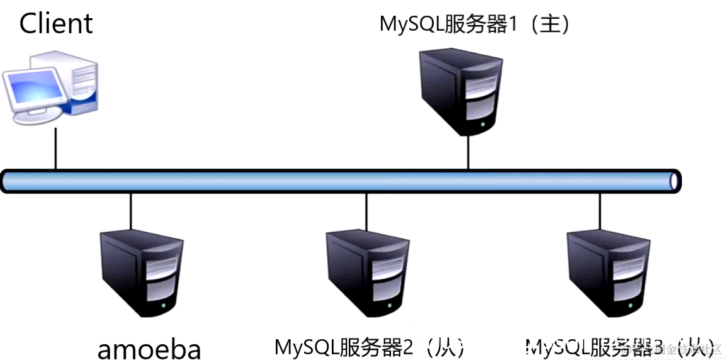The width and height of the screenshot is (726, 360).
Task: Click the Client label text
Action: click(x=56, y=24)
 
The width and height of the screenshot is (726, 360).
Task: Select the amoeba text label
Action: click(x=149, y=349)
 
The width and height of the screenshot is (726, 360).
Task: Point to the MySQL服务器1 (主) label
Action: click(x=475, y=25)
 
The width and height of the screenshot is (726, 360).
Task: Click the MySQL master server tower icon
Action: click(x=462, y=91)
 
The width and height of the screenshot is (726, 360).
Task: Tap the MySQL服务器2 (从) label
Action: click(x=370, y=347)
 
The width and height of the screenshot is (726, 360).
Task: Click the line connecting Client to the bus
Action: click(x=55, y=148)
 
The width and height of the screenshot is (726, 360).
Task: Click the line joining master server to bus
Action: click(x=468, y=153)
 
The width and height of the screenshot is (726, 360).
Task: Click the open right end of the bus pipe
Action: click(x=674, y=181)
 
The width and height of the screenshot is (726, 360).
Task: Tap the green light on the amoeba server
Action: click(x=164, y=306)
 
